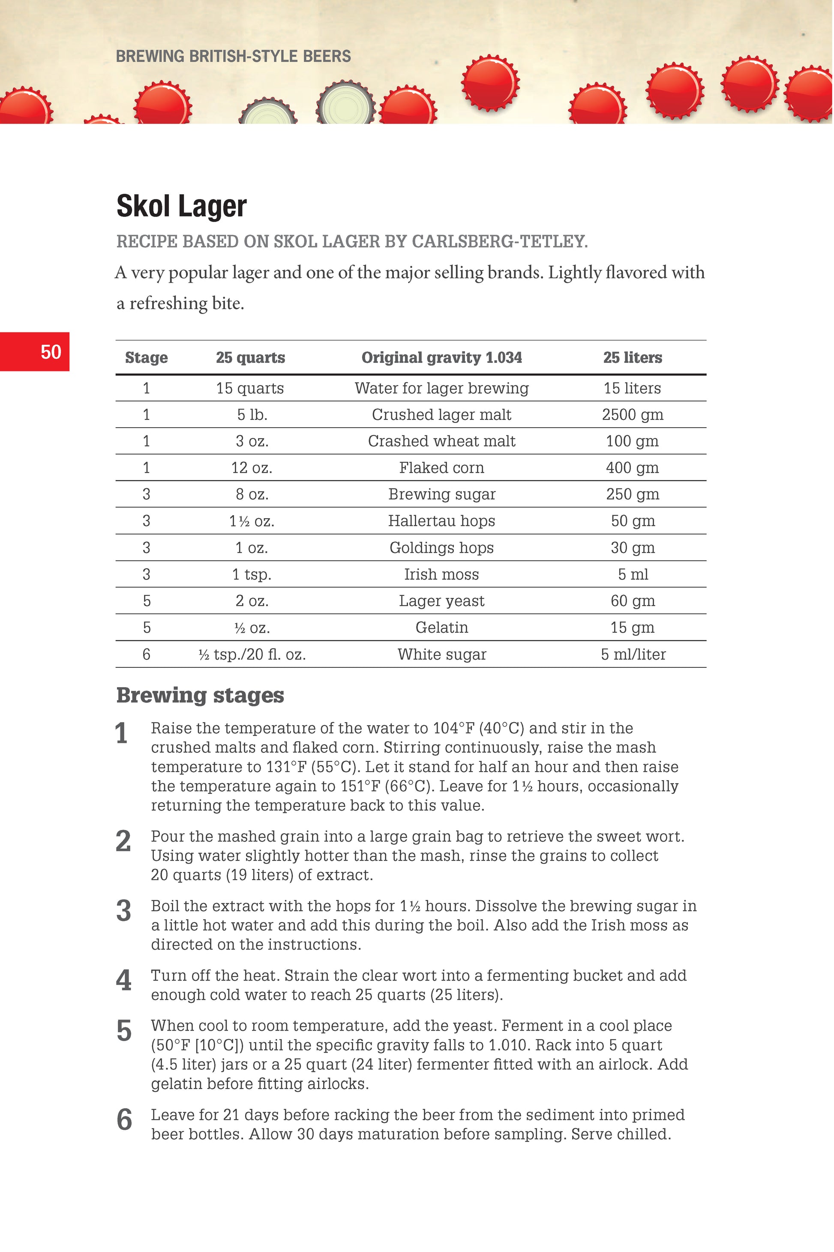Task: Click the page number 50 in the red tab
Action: point(51,352)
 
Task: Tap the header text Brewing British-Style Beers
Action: point(233,57)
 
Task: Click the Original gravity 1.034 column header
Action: point(441,358)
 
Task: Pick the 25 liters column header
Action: point(633,358)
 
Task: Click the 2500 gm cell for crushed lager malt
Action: point(633,415)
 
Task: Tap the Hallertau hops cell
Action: point(441,521)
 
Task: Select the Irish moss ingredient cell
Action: point(441,574)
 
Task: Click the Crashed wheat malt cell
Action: point(441,441)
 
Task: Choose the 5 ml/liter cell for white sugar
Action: point(633,654)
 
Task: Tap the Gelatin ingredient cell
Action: point(441,628)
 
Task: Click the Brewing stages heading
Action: point(200,695)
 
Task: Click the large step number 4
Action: point(123,980)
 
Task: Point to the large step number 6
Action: point(124,1120)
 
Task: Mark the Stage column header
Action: point(146,358)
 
